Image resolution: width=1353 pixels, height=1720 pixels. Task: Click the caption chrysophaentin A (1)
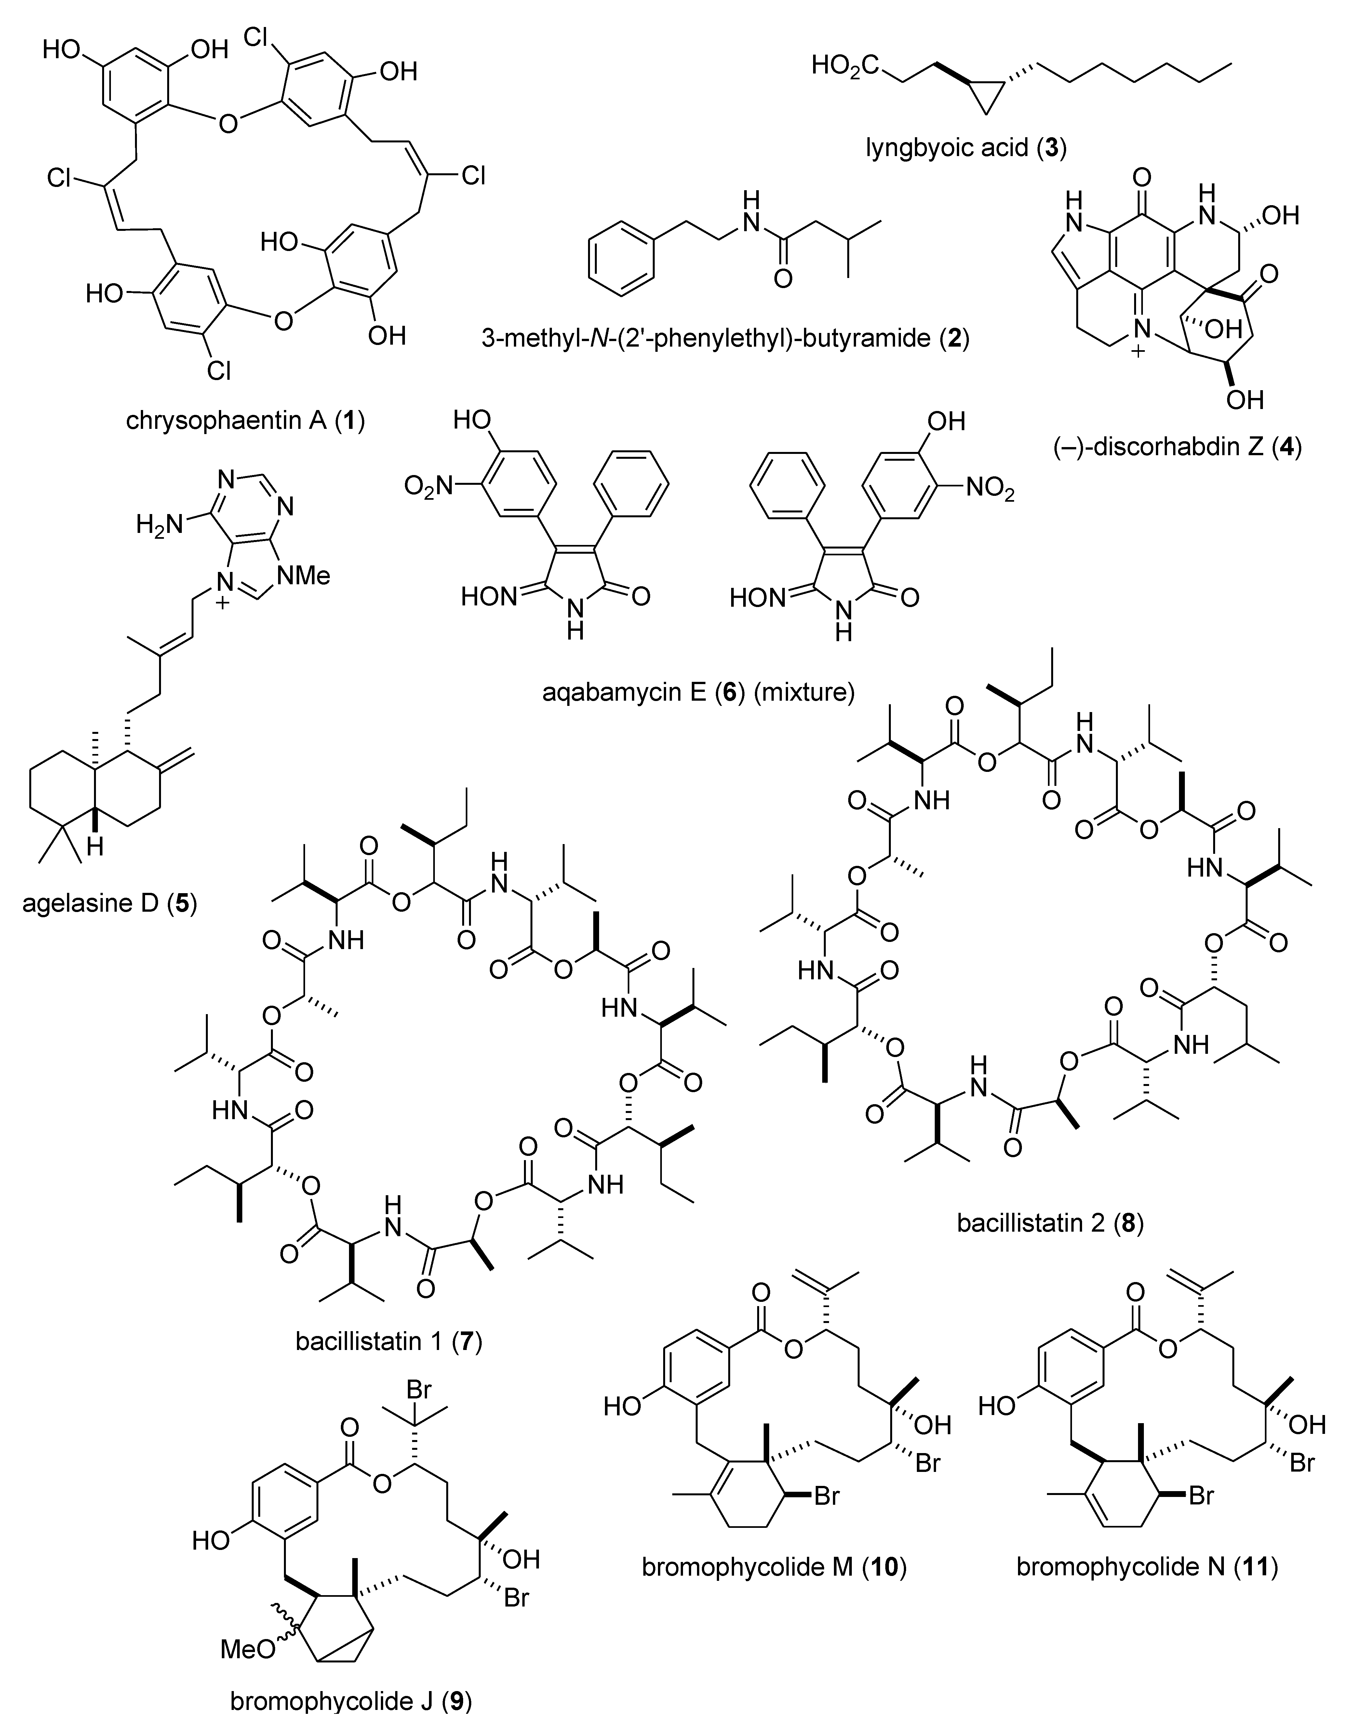(246, 420)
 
